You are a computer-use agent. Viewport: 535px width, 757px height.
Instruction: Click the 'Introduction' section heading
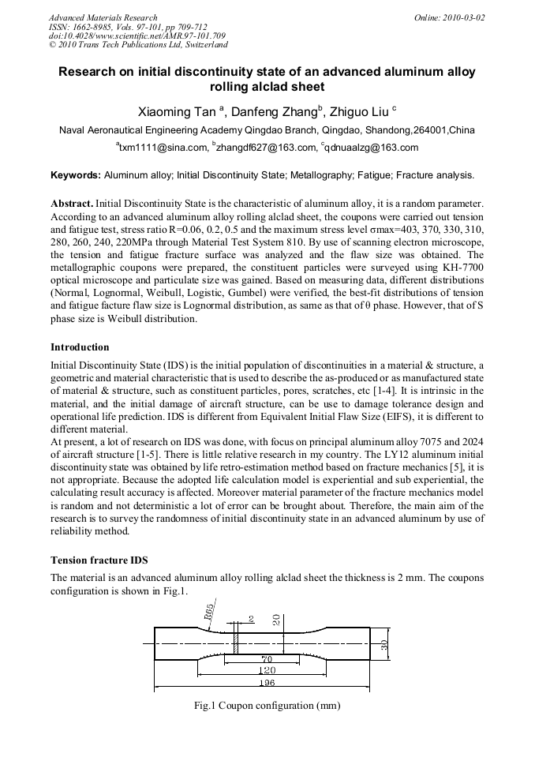tap(80, 347)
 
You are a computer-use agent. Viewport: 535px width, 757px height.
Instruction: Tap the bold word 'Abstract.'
tap(72, 203)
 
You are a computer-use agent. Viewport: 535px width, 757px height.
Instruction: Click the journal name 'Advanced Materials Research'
tap(103, 17)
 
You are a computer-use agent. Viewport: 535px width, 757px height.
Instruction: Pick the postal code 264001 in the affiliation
tap(431, 129)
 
